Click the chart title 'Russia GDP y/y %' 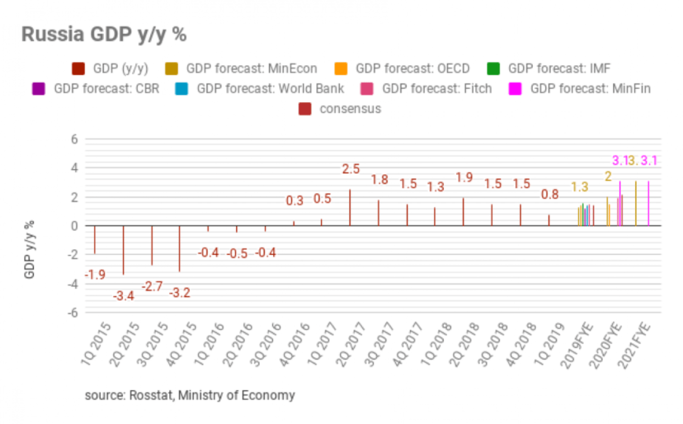[x=104, y=35]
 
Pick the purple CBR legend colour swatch [x=39, y=89]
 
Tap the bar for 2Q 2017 [x=350, y=207]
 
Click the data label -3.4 [x=123, y=296]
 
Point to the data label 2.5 [x=351, y=169]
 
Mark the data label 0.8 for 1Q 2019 [x=549, y=195]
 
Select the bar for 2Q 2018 [x=464, y=212]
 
